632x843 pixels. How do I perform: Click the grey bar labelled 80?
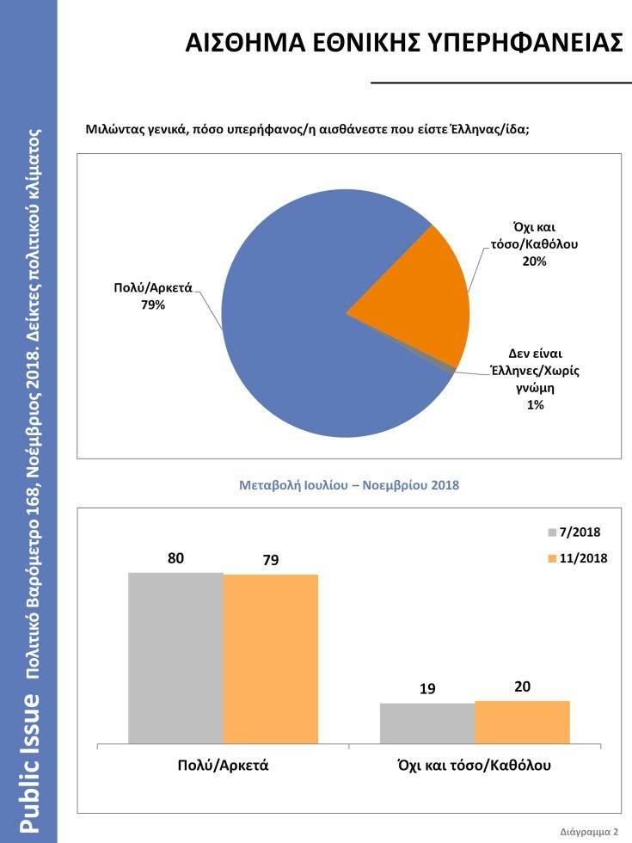pyautogui.click(x=175, y=657)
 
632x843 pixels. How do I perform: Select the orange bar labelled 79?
pyautogui.click(x=270, y=658)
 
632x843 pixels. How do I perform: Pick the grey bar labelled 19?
pyautogui.click(x=426, y=723)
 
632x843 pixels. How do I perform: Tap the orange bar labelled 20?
pyautogui.click(x=522, y=722)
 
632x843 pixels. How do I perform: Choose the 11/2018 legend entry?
pyautogui.click(x=579, y=558)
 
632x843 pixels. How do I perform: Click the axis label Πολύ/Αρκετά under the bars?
pyautogui.click(x=223, y=765)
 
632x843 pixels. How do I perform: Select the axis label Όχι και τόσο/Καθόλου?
pyautogui.click(x=475, y=765)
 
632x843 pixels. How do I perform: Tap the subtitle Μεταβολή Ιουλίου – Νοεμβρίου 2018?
pyautogui.click(x=348, y=485)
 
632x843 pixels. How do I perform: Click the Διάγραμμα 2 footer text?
pyautogui.click(x=589, y=833)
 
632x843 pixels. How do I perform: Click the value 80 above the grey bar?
pyautogui.click(x=175, y=558)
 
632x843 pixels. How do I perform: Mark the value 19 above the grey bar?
pyautogui.click(x=426, y=688)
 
